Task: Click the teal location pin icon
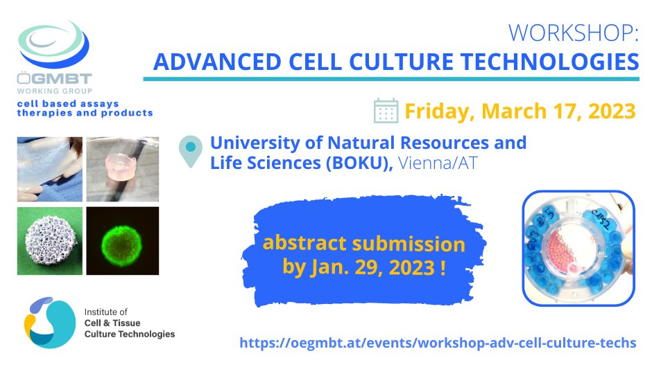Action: pyautogui.click(x=190, y=152)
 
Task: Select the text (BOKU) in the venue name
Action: pyautogui.click(x=360, y=161)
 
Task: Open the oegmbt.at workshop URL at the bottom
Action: pyautogui.click(x=437, y=343)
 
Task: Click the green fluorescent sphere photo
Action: pyautogui.click(x=122, y=239)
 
